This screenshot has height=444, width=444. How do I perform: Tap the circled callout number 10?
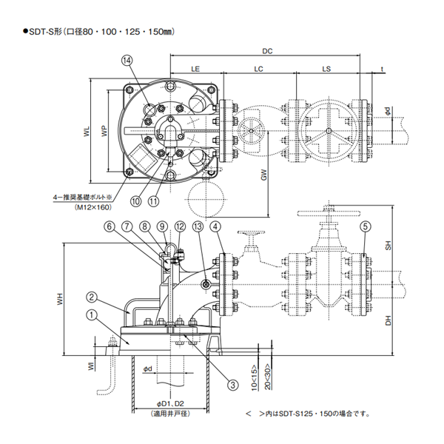pyautogui.click(x=135, y=200)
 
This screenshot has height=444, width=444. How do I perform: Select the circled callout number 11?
pyautogui.click(x=153, y=200)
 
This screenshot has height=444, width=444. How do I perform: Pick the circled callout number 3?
pyautogui.click(x=232, y=385)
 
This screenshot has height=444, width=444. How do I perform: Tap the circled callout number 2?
pyautogui.click(x=90, y=297)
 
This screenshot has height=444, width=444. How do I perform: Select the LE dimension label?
pyautogui.click(x=196, y=68)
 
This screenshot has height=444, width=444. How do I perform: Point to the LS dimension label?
pyautogui.click(x=326, y=68)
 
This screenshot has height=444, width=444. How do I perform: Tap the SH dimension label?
pyautogui.click(x=388, y=249)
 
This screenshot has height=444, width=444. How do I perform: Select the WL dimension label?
pyautogui.click(x=87, y=131)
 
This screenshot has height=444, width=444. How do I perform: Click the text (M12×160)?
pyautogui.click(x=91, y=209)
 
